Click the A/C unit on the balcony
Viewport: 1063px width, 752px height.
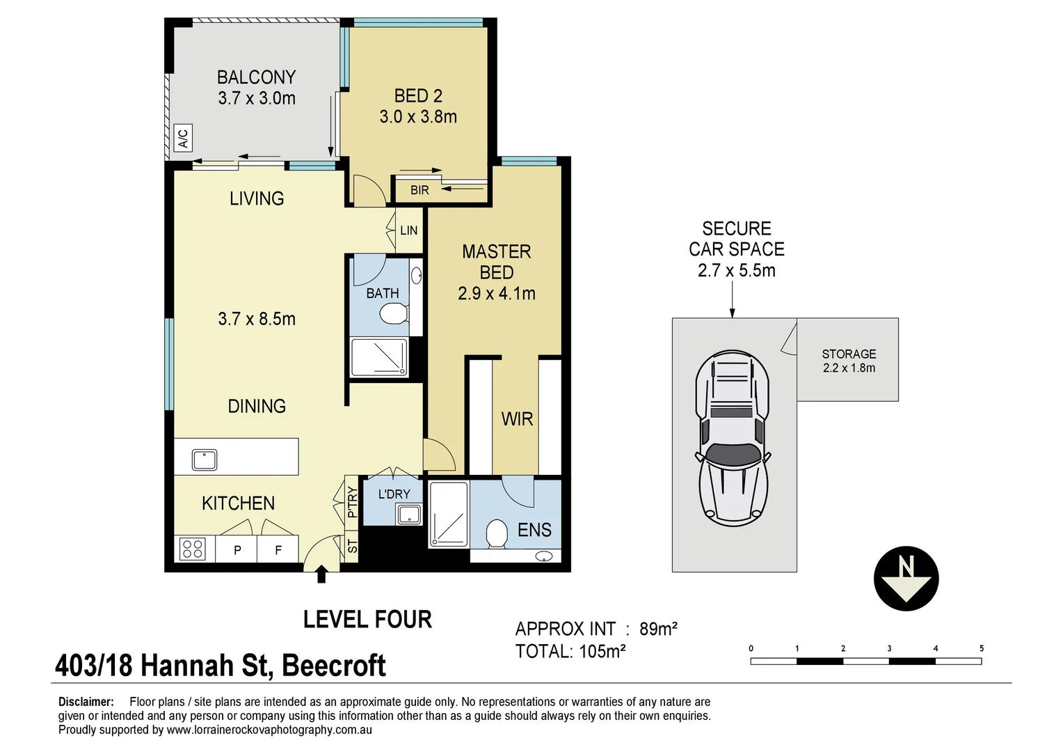(x=183, y=139)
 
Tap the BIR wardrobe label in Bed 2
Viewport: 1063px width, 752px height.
(x=419, y=190)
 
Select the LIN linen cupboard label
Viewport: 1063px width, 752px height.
(x=409, y=230)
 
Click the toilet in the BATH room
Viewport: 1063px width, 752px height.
(x=394, y=313)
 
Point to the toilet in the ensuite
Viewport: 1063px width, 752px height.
(x=497, y=534)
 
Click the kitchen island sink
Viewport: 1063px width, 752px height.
(x=205, y=460)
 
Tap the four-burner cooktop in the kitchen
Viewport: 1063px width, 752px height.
(x=192, y=549)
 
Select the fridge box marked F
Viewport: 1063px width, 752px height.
(x=278, y=549)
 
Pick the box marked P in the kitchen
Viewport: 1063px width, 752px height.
(x=237, y=549)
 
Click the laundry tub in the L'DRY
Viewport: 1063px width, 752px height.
(x=409, y=515)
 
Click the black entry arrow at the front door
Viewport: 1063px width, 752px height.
(x=321, y=574)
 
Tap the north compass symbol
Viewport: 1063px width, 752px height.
(x=906, y=579)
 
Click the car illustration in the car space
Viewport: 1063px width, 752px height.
(x=732, y=439)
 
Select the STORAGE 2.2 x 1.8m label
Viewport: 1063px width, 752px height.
(x=849, y=361)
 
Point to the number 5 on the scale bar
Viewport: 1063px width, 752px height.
(x=982, y=648)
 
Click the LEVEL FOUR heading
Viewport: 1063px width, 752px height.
(x=367, y=619)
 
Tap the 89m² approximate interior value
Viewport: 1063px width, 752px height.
(x=658, y=629)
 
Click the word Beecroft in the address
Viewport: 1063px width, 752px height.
(x=334, y=666)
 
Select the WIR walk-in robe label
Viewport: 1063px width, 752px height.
(x=517, y=419)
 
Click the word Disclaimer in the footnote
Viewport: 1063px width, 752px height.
(x=86, y=702)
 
